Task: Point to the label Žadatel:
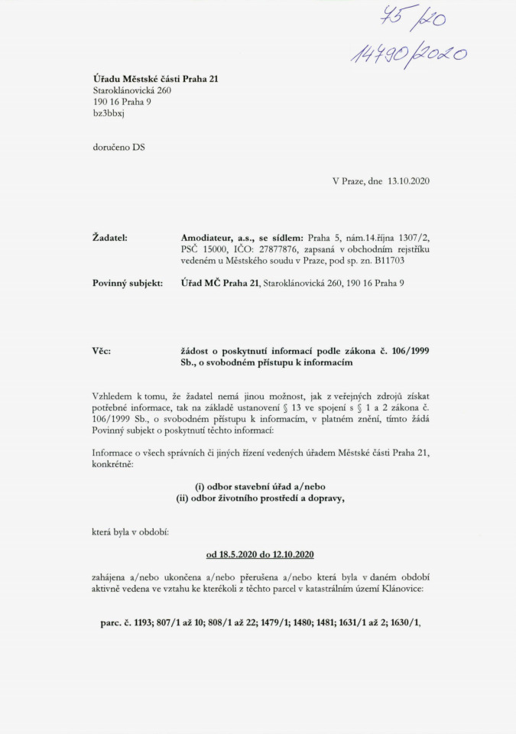click(x=109, y=239)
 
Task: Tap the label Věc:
click(x=101, y=350)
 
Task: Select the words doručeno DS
click(x=118, y=148)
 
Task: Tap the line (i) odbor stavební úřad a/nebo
click(x=261, y=488)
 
